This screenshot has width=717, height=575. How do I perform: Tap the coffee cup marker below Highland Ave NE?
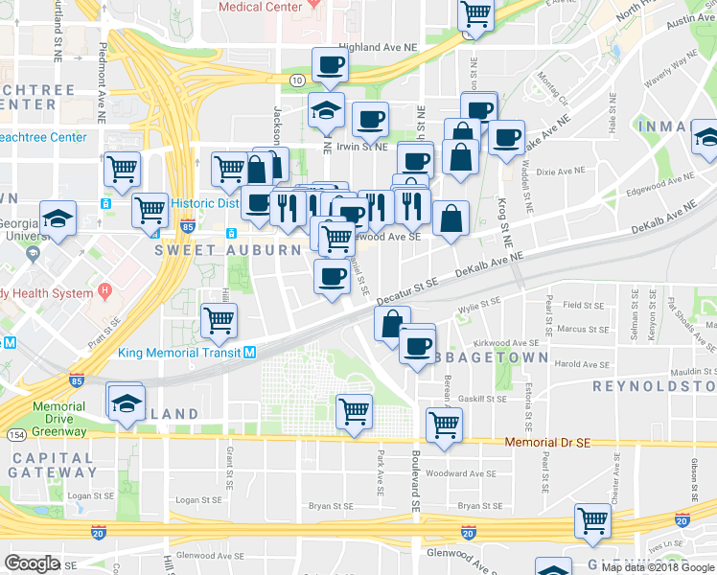(x=329, y=64)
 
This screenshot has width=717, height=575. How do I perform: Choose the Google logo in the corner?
(x=32, y=563)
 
